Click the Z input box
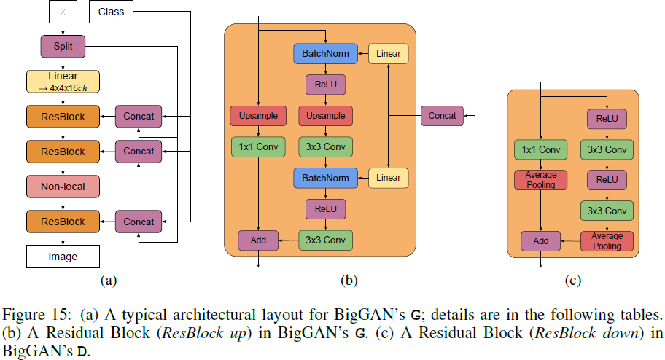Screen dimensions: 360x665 63,12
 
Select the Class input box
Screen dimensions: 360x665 111,12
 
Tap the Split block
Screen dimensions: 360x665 63,47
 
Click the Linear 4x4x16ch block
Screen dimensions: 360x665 63,81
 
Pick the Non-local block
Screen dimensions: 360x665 63,187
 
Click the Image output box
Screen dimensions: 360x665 63,257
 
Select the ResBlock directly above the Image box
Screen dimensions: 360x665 63,222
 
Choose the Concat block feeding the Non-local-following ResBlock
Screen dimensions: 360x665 139,222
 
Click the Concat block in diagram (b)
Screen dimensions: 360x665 443,115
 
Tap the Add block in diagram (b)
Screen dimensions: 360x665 258,239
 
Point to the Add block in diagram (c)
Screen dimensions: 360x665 540,240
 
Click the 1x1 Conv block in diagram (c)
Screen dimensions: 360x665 540,150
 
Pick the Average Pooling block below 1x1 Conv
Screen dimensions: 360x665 540,180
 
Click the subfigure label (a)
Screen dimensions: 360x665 108,280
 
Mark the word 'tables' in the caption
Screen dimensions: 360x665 642,316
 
